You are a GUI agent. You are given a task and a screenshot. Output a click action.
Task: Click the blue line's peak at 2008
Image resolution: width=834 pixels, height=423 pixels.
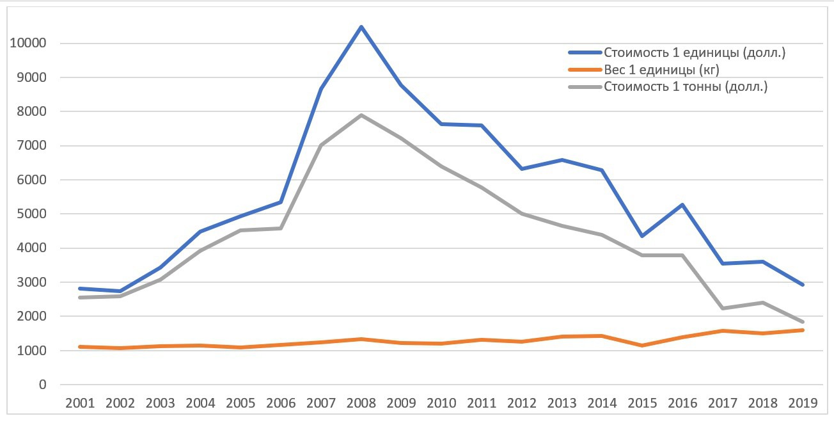click(x=361, y=27)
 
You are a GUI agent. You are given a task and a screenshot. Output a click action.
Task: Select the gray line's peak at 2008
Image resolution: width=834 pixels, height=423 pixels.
click(x=361, y=115)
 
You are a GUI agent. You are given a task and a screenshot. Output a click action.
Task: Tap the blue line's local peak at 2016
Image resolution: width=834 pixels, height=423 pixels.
click(x=682, y=205)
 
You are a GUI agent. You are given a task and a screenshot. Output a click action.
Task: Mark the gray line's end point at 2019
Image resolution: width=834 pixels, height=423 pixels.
click(x=803, y=322)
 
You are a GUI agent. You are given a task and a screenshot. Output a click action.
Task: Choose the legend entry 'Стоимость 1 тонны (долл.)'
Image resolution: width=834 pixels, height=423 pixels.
click(x=685, y=86)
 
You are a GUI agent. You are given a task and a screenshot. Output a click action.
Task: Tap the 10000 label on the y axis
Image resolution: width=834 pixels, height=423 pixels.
click(x=28, y=44)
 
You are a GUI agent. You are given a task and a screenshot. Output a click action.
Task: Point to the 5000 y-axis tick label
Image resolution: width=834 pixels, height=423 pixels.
click(x=31, y=214)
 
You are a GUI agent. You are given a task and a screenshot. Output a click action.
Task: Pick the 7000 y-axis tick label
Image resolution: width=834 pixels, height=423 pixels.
click(x=31, y=146)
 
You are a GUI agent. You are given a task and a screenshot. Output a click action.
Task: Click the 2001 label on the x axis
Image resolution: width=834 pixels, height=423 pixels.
click(x=80, y=403)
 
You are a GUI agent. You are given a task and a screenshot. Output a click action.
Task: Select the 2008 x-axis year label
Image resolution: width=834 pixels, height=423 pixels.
click(x=361, y=403)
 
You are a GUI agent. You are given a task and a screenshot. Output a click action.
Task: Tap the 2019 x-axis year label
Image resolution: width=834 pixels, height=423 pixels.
click(x=803, y=403)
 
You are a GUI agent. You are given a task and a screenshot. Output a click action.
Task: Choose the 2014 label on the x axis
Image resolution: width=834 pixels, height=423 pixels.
click(x=602, y=403)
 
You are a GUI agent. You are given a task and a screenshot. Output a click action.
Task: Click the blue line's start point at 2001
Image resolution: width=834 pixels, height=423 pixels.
click(x=80, y=289)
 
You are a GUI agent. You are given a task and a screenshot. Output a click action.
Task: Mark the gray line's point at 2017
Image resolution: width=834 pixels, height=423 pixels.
click(x=723, y=308)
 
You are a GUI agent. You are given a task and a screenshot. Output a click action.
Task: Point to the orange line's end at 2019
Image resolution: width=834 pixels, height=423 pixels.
click(x=803, y=330)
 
